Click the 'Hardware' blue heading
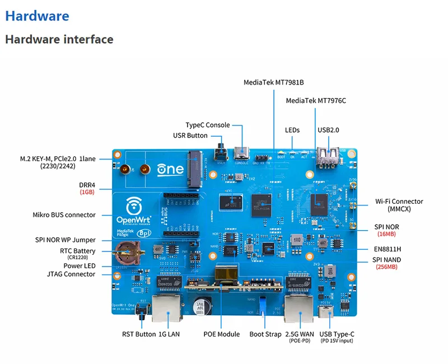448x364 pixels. coord(37,16)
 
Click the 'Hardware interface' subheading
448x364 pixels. coord(59,39)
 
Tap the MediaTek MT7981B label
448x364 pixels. coord(273,82)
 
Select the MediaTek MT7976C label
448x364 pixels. coord(316,101)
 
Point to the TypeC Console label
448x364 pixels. coord(208,125)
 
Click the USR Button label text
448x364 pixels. coord(190,136)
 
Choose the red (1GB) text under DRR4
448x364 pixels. coord(87,192)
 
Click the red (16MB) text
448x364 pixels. coord(386,234)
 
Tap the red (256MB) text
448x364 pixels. coord(387,267)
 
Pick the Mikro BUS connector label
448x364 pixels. coord(64,214)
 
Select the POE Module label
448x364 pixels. coord(221,334)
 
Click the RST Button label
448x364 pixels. coord(139,334)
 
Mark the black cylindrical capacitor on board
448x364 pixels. coord(199,308)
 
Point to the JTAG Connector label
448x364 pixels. coord(71,274)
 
